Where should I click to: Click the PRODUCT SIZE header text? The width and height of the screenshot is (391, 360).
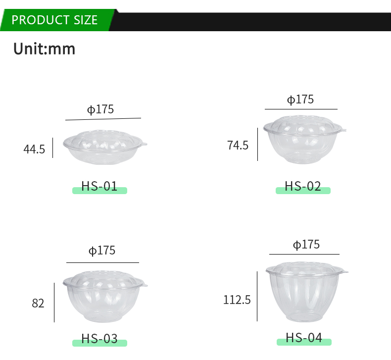(x=54, y=20)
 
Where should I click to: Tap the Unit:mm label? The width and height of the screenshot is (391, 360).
(x=44, y=49)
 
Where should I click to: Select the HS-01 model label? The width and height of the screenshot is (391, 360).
(x=99, y=186)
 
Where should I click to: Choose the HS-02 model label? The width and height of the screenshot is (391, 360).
(x=303, y=186)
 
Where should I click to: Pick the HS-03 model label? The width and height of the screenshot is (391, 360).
(x=99, y=339)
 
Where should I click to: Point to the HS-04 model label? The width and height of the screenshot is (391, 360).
(x=304, y=338)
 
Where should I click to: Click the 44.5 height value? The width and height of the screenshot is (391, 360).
(x=34, y=149)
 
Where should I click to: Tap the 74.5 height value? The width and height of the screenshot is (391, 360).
(x=238, y=145)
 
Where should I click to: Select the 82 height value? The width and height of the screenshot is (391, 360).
(x=38, y=304)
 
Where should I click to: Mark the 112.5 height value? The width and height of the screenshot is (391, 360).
(x=237, y=300)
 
